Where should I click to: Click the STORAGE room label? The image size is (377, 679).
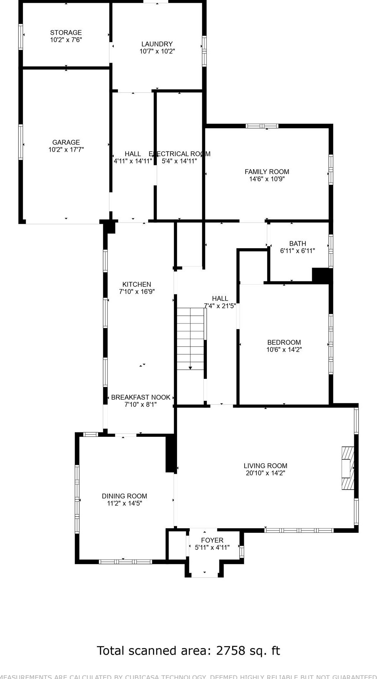coord(66,33)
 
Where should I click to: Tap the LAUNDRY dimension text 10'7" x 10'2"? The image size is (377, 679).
coord(157,51)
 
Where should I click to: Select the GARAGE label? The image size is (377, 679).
coord(66,142)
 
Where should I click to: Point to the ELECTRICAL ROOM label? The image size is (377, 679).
coord(179,154)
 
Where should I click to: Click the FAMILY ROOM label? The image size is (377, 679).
coord(267,172)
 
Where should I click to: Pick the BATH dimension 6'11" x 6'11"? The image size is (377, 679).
coord(297,251)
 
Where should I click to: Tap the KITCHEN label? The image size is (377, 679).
coord(137,285)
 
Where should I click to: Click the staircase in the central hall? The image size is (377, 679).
coord(190,336)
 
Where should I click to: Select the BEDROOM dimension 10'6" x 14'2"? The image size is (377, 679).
coord(284,349)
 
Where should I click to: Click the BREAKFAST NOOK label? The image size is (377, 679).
coord(140,398)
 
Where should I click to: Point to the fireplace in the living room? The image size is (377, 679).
coord(347,468)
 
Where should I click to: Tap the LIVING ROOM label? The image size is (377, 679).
coord(265,466)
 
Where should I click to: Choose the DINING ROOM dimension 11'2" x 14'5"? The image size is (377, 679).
coord(124,503)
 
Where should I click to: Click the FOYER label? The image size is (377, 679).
coord(212,540)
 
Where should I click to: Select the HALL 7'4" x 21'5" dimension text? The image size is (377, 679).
coord(220,306)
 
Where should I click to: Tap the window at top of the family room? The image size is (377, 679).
coord(262,126)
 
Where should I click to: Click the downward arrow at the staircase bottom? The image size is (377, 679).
coord(190,367)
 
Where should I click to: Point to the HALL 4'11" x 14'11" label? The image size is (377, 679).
coord(133,154)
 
